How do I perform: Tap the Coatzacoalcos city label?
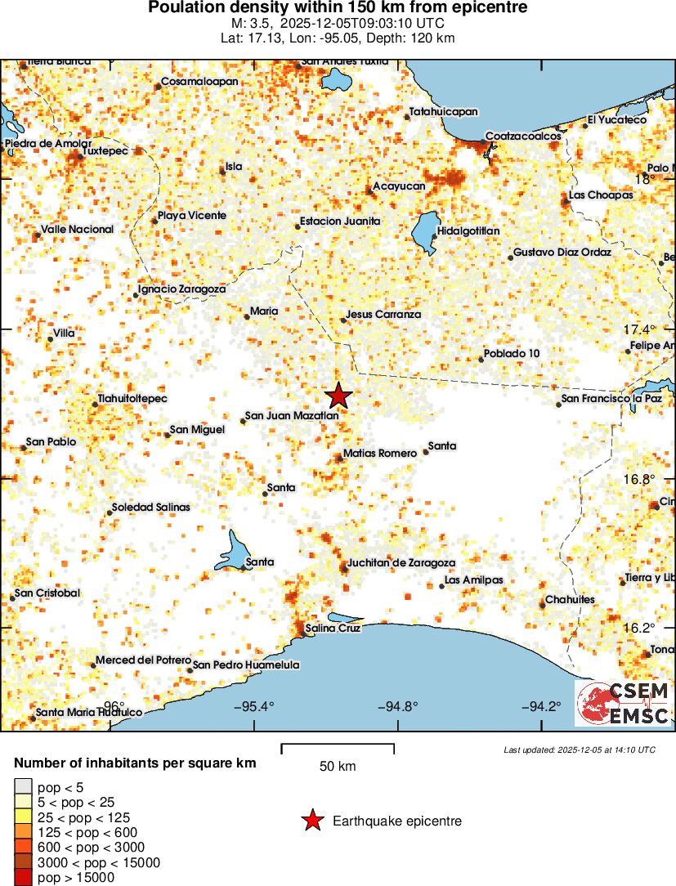[523, 136]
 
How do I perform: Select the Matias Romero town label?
[380, 453]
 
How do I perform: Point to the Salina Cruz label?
[333, 629]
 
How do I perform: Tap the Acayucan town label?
[399, 186]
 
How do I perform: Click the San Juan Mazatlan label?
[292, 416]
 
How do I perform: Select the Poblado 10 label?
[512, 353]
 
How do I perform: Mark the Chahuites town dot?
[542, 605]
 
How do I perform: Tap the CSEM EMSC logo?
[624, 703]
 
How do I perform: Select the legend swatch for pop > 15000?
[24, 878]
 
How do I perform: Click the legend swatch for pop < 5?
[24, 786]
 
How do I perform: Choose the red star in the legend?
[311, 821]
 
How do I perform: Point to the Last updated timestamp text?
[579, 750]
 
